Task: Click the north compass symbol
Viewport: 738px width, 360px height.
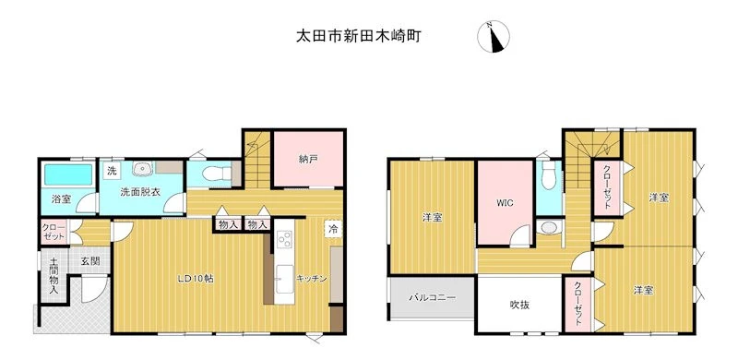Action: (494, 37)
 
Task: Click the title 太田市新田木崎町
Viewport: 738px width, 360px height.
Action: (358, 36)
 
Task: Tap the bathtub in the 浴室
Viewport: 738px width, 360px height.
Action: (68, 174)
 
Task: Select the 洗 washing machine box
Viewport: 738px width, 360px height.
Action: (112, 171)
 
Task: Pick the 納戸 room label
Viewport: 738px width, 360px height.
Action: (308, 159)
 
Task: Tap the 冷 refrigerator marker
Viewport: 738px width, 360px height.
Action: (333, 230)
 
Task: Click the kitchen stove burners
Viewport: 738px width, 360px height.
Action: (284, 240)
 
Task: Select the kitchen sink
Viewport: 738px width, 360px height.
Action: (284, 279)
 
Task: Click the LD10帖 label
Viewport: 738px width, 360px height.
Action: (196, 279)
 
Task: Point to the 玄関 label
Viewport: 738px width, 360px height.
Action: (89, 262)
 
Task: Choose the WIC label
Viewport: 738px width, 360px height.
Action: (504, 204)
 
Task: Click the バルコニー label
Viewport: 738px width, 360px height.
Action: (432, 298)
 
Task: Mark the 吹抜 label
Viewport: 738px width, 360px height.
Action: (519, 305)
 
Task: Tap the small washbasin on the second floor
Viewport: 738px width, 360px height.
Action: (547, 228)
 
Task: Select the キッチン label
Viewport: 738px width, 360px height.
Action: (312, 279)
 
